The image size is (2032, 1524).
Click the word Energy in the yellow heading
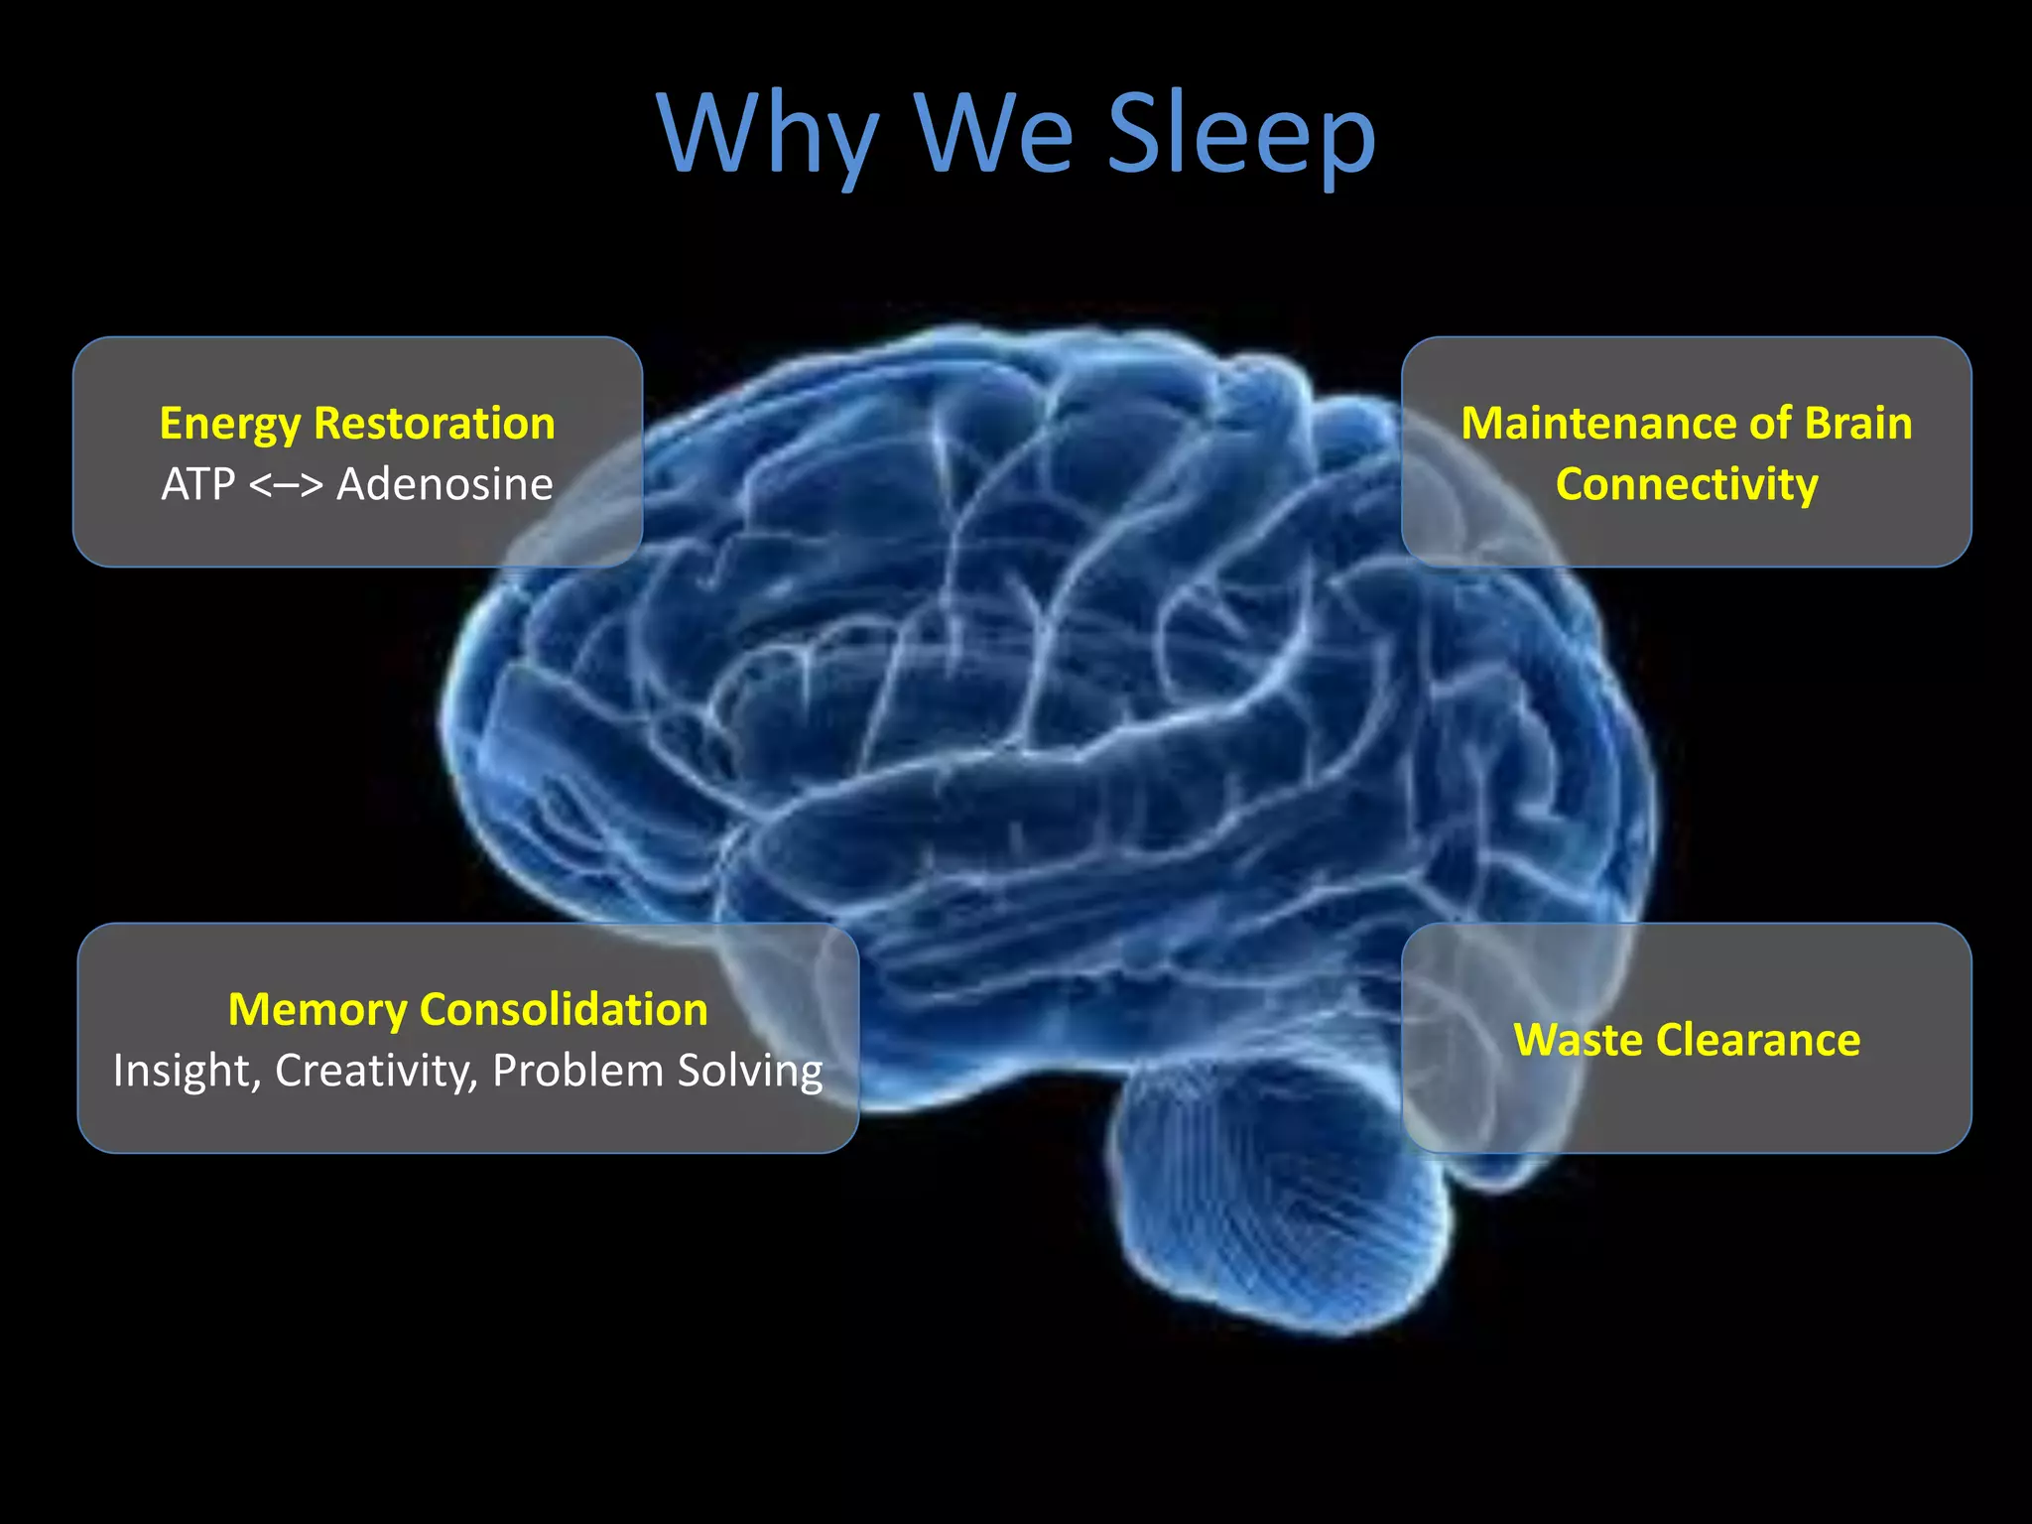229,425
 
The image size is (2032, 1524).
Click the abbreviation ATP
198,485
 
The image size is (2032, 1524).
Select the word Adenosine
444,485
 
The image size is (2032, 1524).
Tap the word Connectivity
1687,485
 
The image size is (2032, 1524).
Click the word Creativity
376,1072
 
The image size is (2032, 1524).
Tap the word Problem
577,1072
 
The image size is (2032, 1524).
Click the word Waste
1577,1041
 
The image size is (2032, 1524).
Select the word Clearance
1758,1041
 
